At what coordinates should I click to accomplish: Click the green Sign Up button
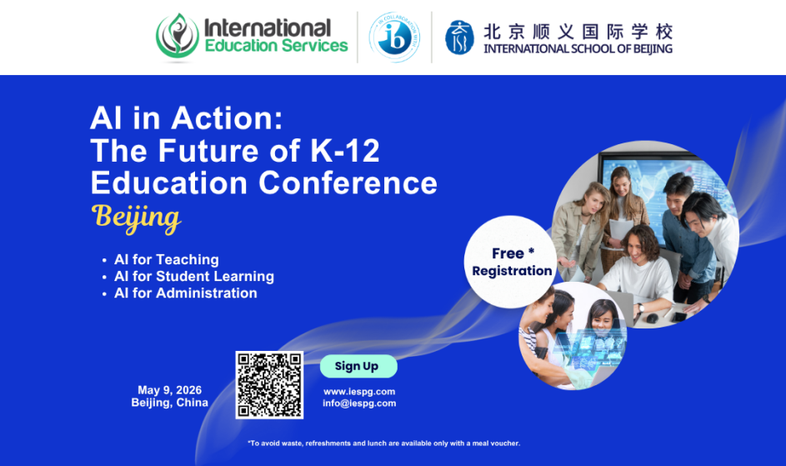[358, 366]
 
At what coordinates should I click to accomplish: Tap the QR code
[270, 385]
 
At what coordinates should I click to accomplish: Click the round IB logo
[394, 38]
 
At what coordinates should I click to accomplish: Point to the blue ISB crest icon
[459, 38]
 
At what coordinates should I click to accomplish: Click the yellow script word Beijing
[136, 218]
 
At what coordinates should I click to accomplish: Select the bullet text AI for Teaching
[167, 259]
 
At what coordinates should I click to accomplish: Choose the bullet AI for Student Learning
[194, 277]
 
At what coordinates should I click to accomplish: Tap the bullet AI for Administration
[186, 293]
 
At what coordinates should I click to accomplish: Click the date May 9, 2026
[169, 390]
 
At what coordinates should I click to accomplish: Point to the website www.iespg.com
[359, 392]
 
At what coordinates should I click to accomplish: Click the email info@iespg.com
[359, 403]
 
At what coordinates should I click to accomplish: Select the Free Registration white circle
[511, 262]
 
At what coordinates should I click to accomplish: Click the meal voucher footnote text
[384, 443]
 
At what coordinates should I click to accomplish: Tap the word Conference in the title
[348, 183]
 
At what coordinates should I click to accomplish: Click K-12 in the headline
[345, 151]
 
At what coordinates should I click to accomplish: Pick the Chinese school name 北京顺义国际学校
[578, 32]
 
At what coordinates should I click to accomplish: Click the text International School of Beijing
[578, 48]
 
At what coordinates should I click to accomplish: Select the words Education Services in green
[276, 46]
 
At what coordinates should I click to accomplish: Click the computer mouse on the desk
[652, 318]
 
